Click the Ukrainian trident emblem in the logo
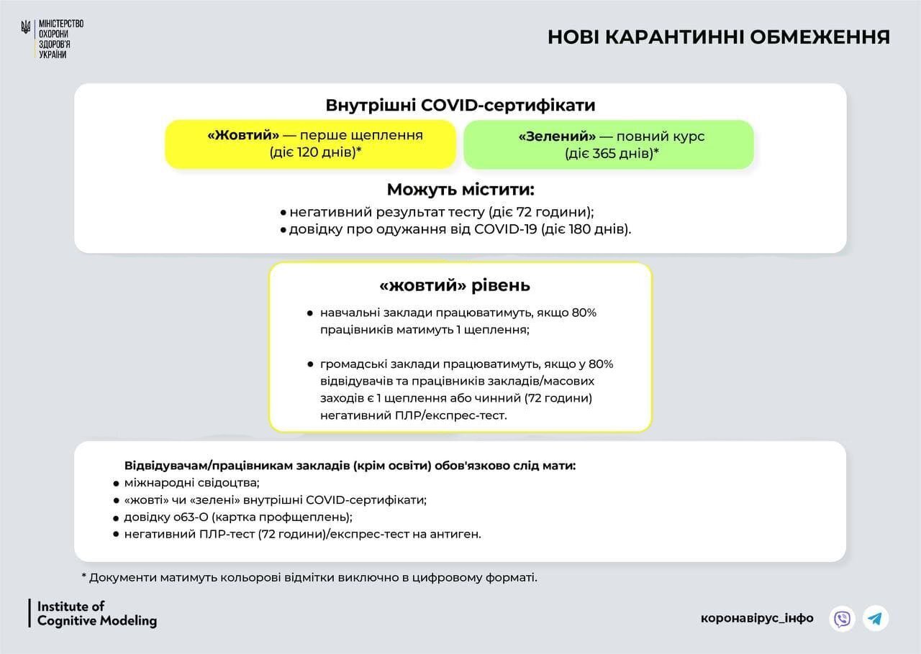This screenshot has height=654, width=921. coord(26,28)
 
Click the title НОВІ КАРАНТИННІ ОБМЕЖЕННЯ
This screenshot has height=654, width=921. coord(718,37)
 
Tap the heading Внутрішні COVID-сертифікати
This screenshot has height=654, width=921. coord(460,106)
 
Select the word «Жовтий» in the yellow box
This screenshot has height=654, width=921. coord(243,136)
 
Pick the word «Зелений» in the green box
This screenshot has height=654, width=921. coord(557,137)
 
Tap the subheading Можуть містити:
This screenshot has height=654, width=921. coord(460,190)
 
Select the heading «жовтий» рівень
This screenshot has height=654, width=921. coord(455,285)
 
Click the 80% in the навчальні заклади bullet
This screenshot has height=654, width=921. coord(584,313)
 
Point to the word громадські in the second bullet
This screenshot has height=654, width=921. coord(350,364)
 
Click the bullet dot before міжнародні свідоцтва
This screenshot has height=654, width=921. coord(116,483)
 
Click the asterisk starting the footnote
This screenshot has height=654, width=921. coord(84,576)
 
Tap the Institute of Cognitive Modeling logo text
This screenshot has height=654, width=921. coord(96,614)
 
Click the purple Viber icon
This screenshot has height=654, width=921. coord(842,618)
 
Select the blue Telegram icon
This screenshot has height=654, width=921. coord(876,618)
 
